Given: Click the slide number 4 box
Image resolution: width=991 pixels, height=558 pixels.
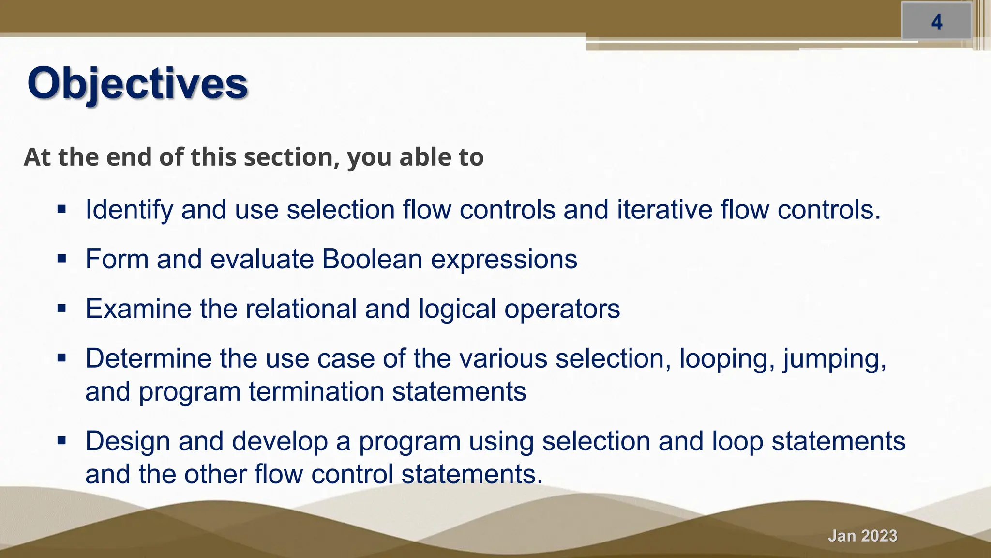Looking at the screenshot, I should [x=936, y=22].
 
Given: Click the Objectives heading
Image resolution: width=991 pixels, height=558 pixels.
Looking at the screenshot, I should [x=137, y=83].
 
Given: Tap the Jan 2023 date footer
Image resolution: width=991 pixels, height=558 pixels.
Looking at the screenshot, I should [x=862, y=536].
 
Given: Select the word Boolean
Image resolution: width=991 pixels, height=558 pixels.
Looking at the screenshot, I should [x=372, y=259].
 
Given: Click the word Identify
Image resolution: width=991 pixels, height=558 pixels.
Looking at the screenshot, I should [x=129, y=210].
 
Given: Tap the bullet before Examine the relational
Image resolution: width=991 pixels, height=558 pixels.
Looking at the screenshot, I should [x=61, y=309].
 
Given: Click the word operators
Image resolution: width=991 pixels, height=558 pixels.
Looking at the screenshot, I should [x=562, y=310].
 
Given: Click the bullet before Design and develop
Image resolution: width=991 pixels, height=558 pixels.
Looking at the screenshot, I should [x=61, y=441].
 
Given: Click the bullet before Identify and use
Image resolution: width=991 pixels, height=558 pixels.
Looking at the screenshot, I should [x=61, y=210].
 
